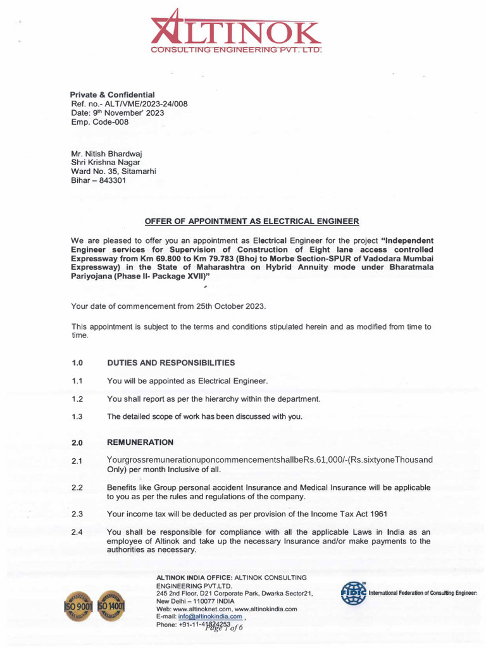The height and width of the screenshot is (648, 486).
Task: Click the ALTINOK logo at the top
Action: [x=235, y=32]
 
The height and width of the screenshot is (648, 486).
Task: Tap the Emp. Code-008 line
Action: [x=99, y=122]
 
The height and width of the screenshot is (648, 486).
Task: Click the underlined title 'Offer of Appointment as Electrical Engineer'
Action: [x=251, y=221]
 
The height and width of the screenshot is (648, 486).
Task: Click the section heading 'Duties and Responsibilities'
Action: [x=171, y=363]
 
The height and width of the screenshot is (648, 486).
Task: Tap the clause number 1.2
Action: [x=77, y=399]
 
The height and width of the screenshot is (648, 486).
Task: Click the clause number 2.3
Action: [x=77, y=514]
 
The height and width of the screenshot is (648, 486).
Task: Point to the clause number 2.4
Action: [x=77, y=532]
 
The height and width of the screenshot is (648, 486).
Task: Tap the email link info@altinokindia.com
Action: [x=211, y=616]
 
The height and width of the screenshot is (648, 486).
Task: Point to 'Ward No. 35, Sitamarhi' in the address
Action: [x=113, y=171]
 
